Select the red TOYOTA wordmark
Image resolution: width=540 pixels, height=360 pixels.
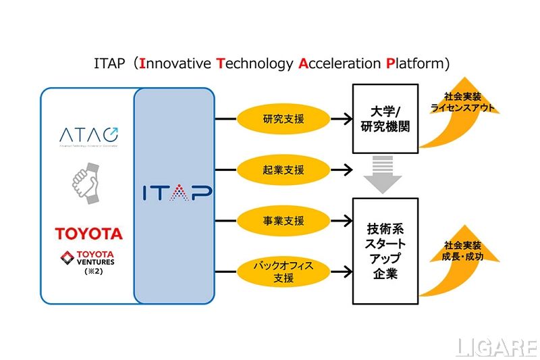(x=89, y=234)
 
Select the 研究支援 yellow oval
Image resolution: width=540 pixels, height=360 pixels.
(x=283, y=120)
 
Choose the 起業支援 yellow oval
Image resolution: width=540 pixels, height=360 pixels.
(x=283, y=169)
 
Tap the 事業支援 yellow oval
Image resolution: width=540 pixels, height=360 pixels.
(x=283, y=221)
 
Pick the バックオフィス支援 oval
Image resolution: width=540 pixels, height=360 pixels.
(x=283, y=272)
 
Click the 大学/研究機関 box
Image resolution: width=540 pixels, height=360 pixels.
(x=384, y=118)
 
